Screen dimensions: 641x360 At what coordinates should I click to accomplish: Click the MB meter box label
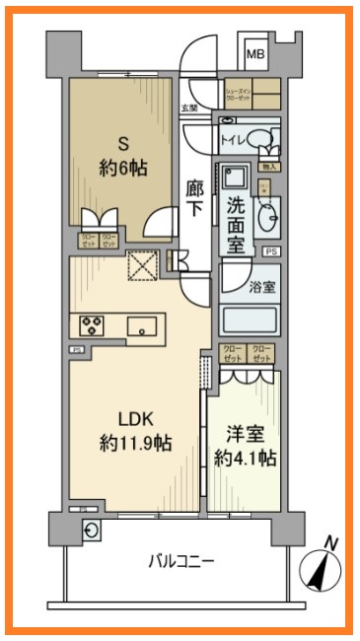pyautogui.click(x=254, y=54)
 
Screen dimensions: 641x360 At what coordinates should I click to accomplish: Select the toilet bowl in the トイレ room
pyautogui.click(x=259, y=139)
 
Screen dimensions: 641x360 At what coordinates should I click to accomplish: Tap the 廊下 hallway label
pyautogui.click(x=195, y=197)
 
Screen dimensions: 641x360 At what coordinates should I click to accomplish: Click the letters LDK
pyautogui.click(x=135, y=413)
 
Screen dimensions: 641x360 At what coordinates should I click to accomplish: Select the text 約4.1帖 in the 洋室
pyautogui.click(x=246, y=459)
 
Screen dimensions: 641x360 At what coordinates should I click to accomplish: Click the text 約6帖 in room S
pyautogui.click(x=123, y=168)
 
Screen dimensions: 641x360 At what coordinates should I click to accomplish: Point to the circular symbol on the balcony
pyautogui.click(x=92, y=531)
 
